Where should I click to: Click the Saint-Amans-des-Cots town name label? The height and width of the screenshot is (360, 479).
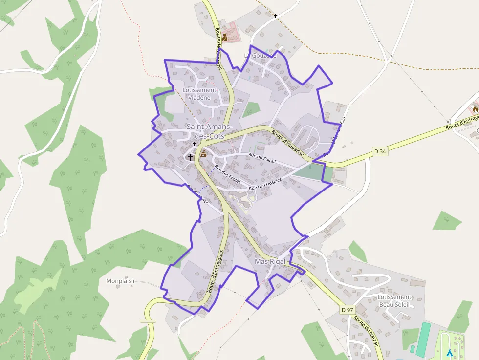coord(205,131)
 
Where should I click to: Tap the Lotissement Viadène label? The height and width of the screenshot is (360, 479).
coord(199,94)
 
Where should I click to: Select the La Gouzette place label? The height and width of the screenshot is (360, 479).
coord(260,56)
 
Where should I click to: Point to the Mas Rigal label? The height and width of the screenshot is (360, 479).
coord(270,262)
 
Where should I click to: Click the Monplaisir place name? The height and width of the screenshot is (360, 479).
coord(120,281)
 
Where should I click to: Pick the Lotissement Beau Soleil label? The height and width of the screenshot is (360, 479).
coord(394,301)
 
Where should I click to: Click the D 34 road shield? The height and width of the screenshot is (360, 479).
coord(380,151)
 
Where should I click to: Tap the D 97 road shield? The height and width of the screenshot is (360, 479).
coord(347,310)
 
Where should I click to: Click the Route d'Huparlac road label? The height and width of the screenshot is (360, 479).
coord(288,144)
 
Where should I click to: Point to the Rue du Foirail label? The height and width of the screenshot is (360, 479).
coord(262,158)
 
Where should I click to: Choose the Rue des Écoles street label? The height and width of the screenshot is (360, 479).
coord(227,174)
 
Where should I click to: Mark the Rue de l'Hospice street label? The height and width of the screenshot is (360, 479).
coord(265,184)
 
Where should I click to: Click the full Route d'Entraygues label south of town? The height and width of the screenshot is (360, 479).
coord(215,271)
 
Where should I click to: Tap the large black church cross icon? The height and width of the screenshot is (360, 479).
coord(190,157)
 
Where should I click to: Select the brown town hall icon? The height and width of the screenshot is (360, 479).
coord(203,154)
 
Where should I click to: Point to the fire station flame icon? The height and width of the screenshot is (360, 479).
coord(475,109)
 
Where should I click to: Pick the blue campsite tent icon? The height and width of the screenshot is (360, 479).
coord(449,352)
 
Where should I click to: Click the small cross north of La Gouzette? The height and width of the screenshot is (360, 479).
coord(275,16)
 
